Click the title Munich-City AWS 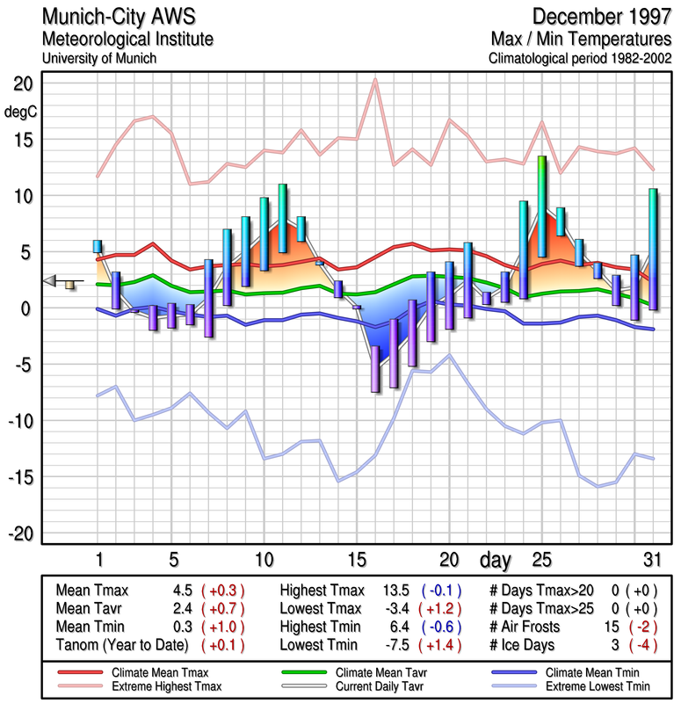pos(117,17)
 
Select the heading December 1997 pos(600,17)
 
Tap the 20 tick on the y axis pos(22,84)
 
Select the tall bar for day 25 pos(542,207)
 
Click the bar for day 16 pos(375,368)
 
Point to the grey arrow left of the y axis pos(52,280)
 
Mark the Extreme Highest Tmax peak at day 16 pos(375,80)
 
